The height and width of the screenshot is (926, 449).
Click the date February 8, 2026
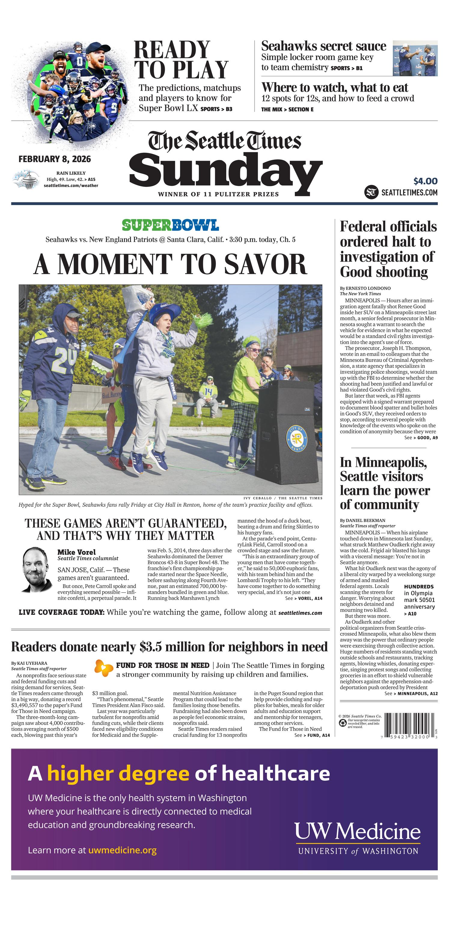[x=55, y=159]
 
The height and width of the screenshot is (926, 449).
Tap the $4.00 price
[x=425, y=181]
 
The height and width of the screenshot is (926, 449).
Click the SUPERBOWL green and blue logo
[x=170, y=225]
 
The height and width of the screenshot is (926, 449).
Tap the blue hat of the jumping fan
[x=164, y=311]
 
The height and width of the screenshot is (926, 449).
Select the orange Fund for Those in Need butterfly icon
[x=104, y=668]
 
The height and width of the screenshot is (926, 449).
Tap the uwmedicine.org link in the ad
[x=122, y=850]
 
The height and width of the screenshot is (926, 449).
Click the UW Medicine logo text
[x=357, y=831]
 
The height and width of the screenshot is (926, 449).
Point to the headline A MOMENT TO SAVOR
[x=170, y=264]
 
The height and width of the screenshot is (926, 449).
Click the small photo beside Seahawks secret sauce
[x=415, y=58]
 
